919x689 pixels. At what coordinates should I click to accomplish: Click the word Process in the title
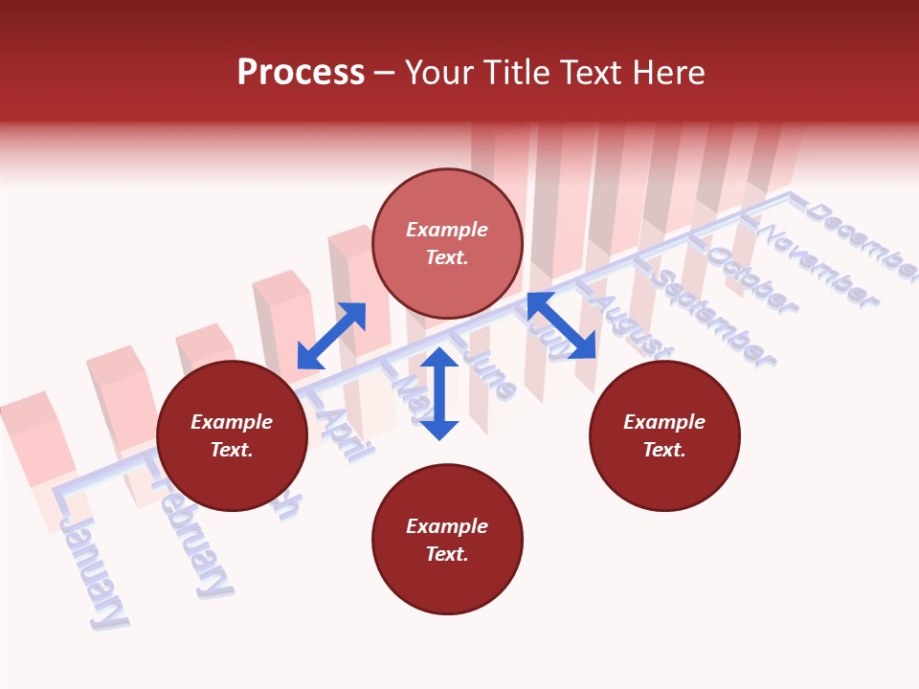point(301,73)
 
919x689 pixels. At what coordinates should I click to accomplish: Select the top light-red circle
point(447,244)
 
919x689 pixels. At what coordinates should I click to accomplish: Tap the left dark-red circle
point(232,435)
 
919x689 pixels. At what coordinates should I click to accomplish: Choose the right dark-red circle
point(664,435)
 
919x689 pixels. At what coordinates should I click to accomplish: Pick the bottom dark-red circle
point(447,540)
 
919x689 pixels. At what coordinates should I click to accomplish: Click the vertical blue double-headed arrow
point(439,393)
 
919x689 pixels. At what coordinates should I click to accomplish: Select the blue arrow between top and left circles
point(331,336)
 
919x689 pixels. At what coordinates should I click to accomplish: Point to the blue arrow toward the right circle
point(561,325)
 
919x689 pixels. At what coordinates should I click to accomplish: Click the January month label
point(93,572)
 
